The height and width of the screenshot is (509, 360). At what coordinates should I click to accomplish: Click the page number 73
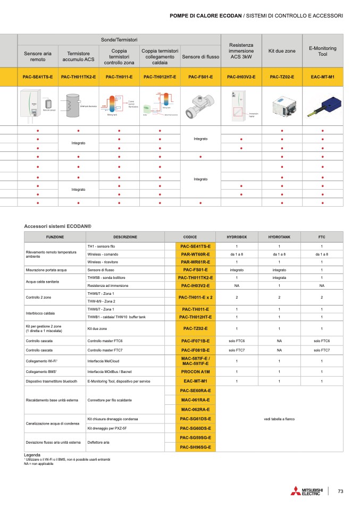click(x=341, y=491)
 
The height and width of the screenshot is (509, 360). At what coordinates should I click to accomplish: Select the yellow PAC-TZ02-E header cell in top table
click(x=282, y=77)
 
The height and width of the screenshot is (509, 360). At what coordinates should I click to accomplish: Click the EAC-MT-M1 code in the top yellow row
click(x=322, y=77)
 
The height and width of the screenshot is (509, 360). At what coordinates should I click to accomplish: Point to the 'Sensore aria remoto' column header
click(x=38, y=56)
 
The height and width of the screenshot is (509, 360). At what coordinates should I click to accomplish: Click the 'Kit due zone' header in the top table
click(x=282, y=51)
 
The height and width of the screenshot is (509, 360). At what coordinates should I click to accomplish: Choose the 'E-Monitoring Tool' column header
click(x=322, y=51)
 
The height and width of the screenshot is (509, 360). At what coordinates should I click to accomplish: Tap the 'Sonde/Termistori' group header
click(x=119, y=40)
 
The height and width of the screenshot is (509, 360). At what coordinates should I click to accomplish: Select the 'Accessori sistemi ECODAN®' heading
click(x=58, y=226)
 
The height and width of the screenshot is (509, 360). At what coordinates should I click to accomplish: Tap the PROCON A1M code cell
click(x=196, y=372)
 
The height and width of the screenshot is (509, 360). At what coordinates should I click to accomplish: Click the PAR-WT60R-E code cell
click(x=196, y=254)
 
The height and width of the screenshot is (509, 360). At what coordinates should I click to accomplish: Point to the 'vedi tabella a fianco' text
click(x=279, y=419)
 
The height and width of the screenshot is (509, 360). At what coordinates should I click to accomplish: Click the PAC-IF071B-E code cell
click(x=196, y=341)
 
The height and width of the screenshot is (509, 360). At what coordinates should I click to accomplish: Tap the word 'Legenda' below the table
click(x=33, y=455)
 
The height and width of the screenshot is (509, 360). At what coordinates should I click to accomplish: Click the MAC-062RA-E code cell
click(x=196, y=409)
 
